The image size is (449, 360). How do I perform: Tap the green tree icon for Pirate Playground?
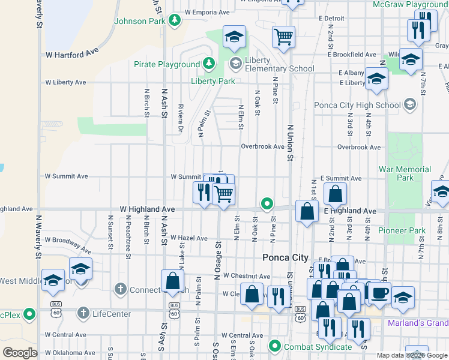coord(208,63)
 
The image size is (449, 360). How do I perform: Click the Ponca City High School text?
coord(357,106)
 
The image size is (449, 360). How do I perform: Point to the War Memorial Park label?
coord(405,173)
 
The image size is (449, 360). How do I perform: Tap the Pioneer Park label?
coord(402,230)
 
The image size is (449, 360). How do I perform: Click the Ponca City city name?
coord(286,258)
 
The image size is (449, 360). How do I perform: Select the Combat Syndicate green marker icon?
coord(275,346)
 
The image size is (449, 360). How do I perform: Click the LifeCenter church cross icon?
coord(83,313)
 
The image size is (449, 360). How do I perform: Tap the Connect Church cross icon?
coord(120,290)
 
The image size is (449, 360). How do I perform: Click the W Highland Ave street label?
coord(147,209)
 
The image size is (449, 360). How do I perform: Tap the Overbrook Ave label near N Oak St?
coord(262,146)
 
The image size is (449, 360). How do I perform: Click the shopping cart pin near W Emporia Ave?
coord(283,36)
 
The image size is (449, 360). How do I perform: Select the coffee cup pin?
coord(379,293)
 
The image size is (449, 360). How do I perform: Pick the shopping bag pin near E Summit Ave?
coord(335,193)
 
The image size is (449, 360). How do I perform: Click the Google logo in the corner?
coord(20,353)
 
